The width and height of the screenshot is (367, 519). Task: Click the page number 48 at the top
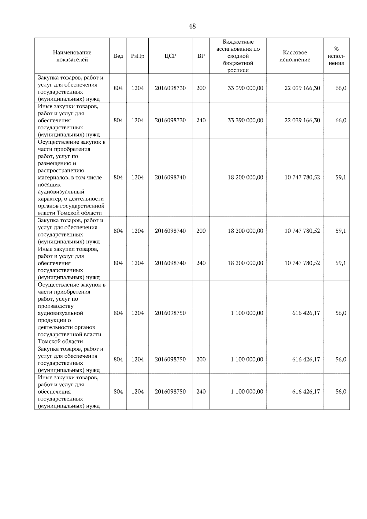(192, 27)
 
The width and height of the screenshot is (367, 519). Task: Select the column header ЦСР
(170, 56)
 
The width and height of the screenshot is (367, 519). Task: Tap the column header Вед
(118, 56)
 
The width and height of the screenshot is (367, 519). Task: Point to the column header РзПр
(137, 56)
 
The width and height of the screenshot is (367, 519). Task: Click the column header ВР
(201, 56)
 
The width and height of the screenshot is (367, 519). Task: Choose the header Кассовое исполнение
(295, 56)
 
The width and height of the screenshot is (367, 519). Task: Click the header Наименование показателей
(72, 56)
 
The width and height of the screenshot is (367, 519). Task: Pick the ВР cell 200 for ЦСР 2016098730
(201, 88)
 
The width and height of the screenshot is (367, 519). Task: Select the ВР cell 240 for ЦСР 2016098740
(201, 263)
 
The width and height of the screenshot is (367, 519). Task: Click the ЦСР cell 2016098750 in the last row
(170, 392)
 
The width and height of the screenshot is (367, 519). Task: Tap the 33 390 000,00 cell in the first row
(245, 88)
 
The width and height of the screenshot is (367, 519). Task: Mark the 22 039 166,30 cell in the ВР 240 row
(302, 120)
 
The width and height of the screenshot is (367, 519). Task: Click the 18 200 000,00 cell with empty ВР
(245, 177)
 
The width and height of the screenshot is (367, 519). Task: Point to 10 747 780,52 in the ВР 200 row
(302, 231)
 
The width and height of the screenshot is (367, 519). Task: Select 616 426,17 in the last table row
(306, 392)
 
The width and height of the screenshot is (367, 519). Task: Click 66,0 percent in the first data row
(341, 88)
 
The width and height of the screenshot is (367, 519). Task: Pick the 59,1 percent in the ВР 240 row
(341, 263)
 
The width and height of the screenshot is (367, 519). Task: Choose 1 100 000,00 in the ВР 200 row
(247, 359)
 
